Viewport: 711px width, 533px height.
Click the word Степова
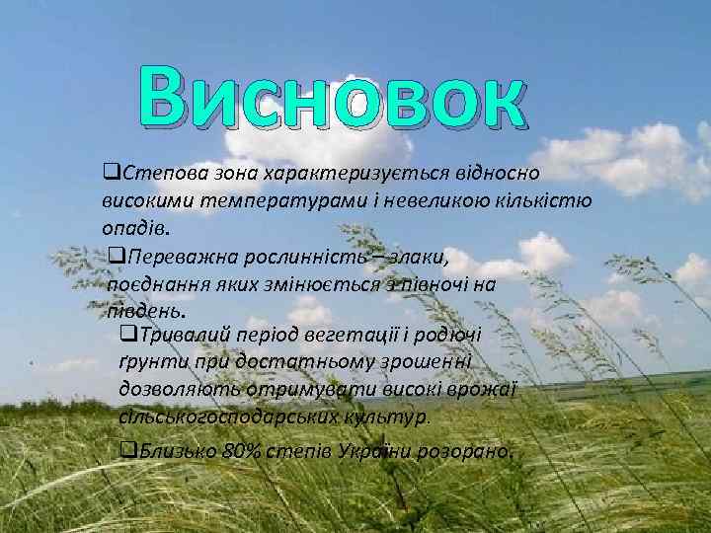[159, 174]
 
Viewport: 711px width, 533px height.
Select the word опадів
[133, 229]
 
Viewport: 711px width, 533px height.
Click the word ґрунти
[145, 361]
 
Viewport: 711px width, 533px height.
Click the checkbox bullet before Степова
[111, 174]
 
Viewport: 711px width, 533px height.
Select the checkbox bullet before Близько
[124, 452]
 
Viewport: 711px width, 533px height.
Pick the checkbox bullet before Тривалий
[125, 334]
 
